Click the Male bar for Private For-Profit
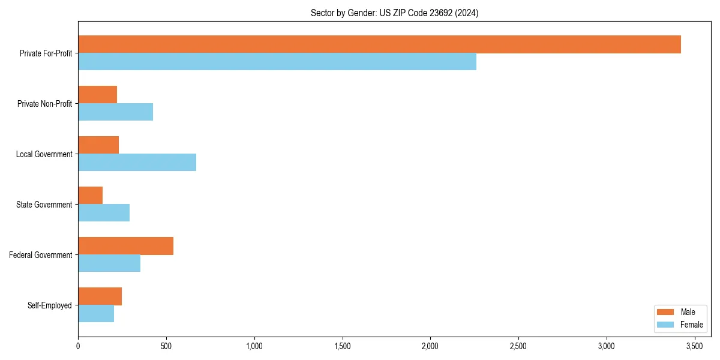[x=379, y=44]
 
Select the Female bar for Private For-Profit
[x=277, y=62]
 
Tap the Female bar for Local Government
[x=137, y=163]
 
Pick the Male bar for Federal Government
[x=125, y=246]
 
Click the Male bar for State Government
[x=90, y=196]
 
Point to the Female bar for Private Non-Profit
[x=115, y=112]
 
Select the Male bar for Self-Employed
[x=100, y=296]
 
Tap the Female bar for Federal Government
[x=109, y=263]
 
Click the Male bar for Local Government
[x=98, y=145]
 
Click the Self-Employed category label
[x=49, y=305]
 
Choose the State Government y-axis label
[x=44, y=205]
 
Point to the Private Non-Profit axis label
[x=44, y=104]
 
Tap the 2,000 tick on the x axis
[x=430, y=346]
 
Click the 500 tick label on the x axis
[x=166, y=346]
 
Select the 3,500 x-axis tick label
[x=694, y=346]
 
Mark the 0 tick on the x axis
[x=78, y=346]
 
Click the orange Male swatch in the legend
[x=666, y=312]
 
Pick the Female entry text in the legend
[x=691, y=325]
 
